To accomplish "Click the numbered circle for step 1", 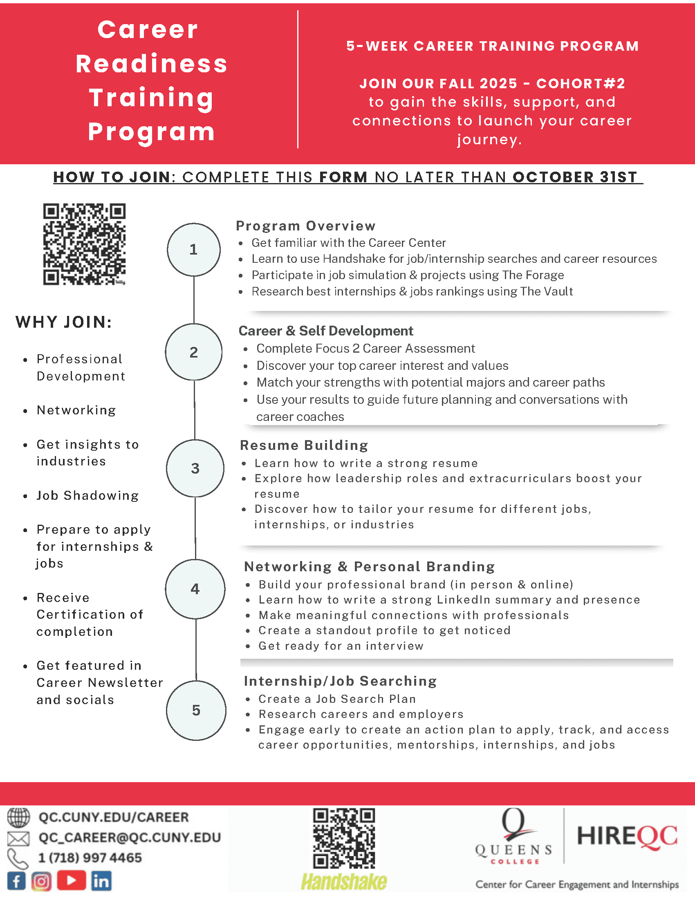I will (x=193, y=249).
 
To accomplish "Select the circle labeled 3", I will (x=195, y=468).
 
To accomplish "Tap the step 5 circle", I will (x=196, y=710).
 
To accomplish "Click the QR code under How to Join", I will (x=84, y=244).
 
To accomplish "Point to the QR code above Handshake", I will (x=344, y=838).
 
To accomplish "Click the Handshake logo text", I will (x=344, y=881).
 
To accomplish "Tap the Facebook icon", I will (x=16, y=881).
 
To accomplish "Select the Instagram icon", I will (x=41, y=881).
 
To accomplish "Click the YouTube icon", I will (x=71, y=881).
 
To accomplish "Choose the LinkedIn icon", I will (x=101, y=881).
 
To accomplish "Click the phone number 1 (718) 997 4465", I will (x=90, y=858).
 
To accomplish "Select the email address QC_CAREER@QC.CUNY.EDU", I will (x=130, y=838).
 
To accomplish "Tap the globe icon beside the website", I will (x=18, y=817).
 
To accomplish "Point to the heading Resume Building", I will (x=304, y=445).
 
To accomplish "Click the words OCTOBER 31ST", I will (x=575, y=177).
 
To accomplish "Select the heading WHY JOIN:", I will (x=64, y=322).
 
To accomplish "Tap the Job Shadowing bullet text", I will (x=88, y=495).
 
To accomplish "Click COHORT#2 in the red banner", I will (x=581, y=83).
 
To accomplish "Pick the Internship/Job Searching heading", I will (x=340, y=681).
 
